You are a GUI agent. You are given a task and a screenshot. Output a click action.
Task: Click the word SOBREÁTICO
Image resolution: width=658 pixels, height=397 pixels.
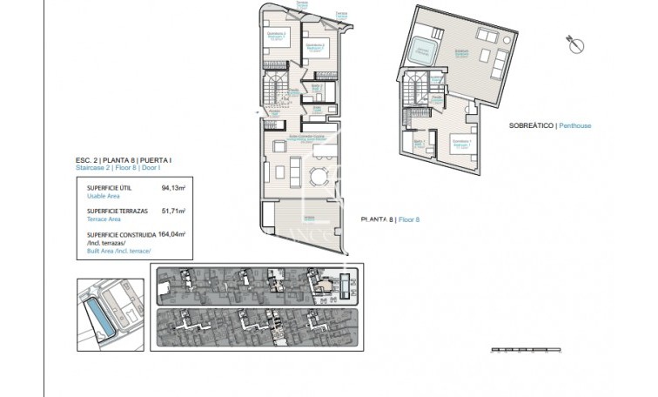click(532, 125)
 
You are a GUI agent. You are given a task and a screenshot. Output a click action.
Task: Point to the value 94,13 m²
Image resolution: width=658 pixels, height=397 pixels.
click(174, 187)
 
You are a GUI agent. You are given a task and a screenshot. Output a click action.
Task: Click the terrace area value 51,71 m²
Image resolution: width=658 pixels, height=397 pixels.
click(174, 211)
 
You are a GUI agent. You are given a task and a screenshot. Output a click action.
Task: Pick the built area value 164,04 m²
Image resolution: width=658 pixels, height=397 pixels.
click(172, 234)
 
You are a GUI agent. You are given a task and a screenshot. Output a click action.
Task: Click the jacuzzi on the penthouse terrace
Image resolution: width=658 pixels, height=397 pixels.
click(424, 50)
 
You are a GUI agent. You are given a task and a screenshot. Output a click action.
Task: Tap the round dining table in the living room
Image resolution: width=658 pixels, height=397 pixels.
click(319, 178)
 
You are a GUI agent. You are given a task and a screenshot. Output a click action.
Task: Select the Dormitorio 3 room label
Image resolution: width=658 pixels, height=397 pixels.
click(276, 34)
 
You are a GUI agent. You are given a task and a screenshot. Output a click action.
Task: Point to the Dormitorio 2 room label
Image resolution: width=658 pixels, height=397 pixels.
click(317, 44)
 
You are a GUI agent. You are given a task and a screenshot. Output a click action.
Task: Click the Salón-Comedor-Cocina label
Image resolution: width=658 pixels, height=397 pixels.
click(306, 137)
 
